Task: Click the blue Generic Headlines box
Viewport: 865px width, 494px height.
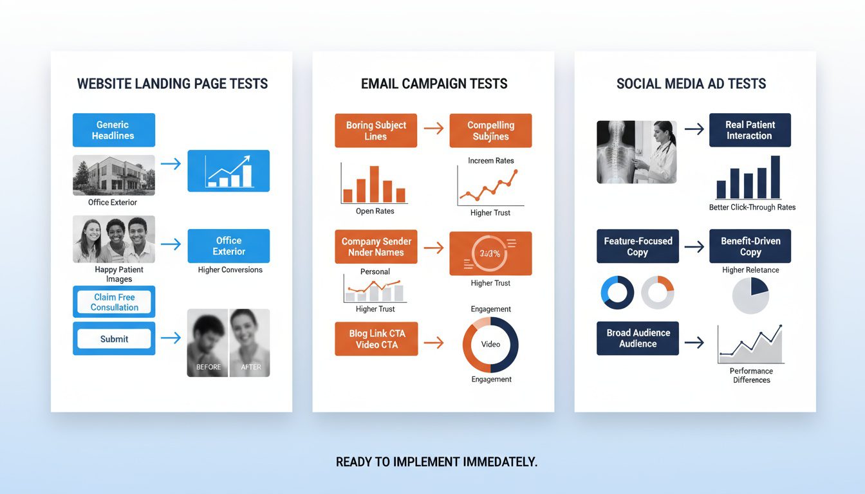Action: pos(114,130)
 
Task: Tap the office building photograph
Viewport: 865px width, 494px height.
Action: pos(114,174)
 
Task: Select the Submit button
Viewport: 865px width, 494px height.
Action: pos(114,339)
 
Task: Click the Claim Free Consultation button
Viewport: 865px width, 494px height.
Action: pos(114,302)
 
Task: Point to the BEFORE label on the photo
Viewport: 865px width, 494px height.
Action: pos(208,367)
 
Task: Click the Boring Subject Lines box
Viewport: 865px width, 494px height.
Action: pos(376,131)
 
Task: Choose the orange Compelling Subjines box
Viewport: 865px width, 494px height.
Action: pos(490,131)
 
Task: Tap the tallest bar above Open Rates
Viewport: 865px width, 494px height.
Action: pos(374,184)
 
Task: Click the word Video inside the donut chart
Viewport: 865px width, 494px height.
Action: pos(490,344)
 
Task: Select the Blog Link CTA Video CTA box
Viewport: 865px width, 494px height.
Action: pos(376,339)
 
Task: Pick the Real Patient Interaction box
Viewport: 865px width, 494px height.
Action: pos(750,130)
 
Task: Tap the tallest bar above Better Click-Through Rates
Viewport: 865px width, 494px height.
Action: pos(775,177)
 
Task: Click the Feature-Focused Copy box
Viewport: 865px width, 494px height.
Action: pos(637,246)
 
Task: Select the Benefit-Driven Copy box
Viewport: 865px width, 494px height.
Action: pos(750,246)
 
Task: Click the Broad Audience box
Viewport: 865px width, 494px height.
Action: pos(637,338)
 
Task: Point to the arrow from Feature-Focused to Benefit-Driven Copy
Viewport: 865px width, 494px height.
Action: pos(694,246)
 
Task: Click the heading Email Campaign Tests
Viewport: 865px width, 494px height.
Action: pos(434,84)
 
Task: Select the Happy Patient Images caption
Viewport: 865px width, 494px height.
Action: pos(119,274)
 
